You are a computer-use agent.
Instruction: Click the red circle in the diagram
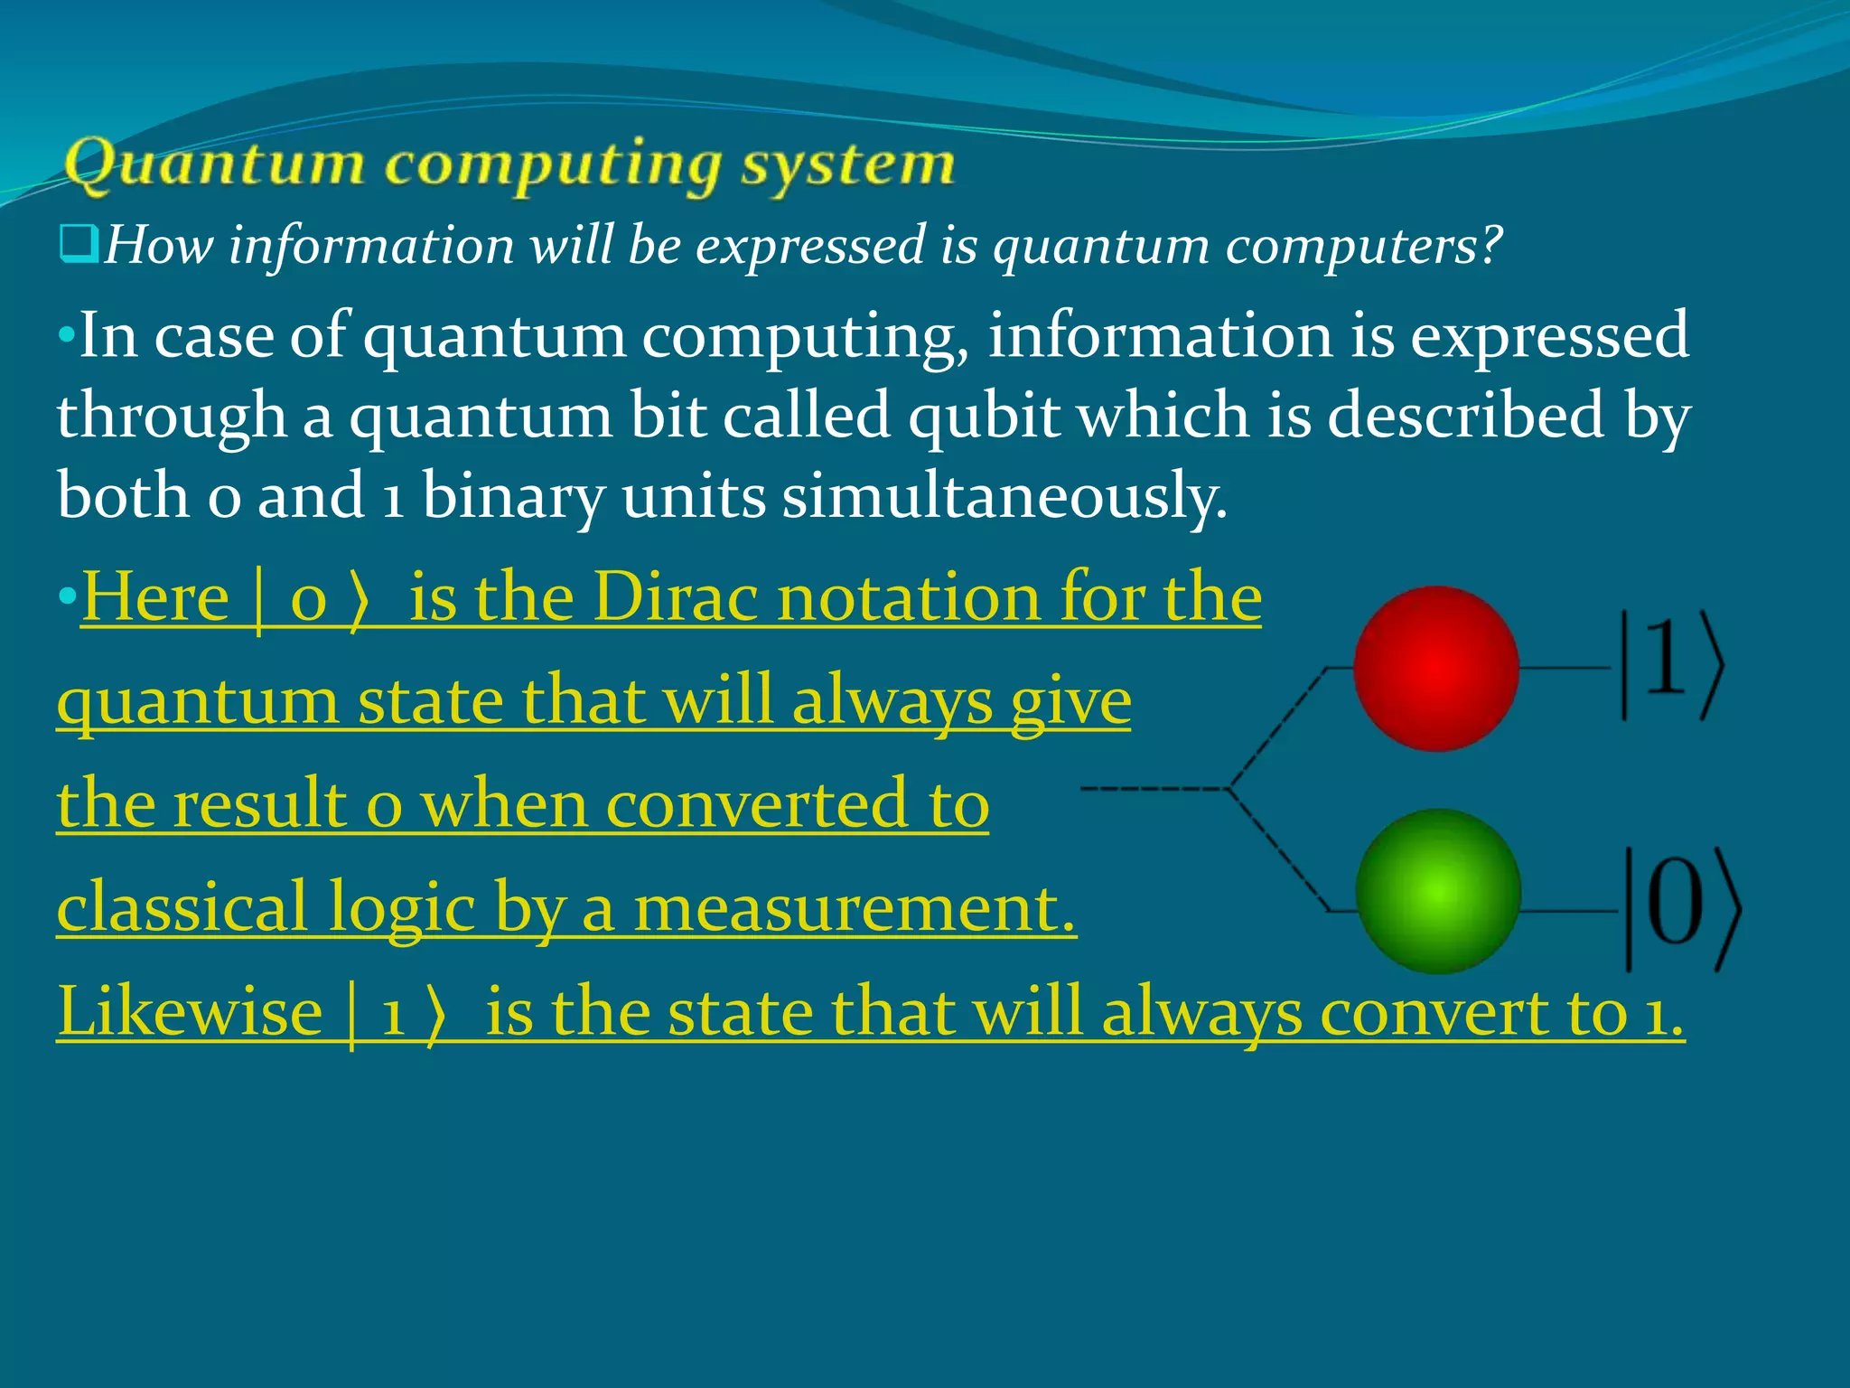[1435, 668]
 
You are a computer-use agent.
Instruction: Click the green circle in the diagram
[1438, 891]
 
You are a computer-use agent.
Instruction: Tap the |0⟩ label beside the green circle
[1682, 908]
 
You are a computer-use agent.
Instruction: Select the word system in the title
[847, 165]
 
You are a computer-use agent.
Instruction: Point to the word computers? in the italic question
[1363, 246]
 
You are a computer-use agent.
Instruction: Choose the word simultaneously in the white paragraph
[1004, 497]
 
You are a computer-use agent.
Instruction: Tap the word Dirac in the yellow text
[675, 598]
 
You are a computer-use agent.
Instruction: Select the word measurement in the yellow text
[855, 908]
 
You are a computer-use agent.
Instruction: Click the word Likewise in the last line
[190, 1012]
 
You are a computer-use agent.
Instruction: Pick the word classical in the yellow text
[182, 908]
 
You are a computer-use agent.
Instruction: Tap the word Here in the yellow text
[155, 598]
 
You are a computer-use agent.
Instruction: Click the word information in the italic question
[371, 246]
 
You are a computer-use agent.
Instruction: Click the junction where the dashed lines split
[1229, 789]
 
